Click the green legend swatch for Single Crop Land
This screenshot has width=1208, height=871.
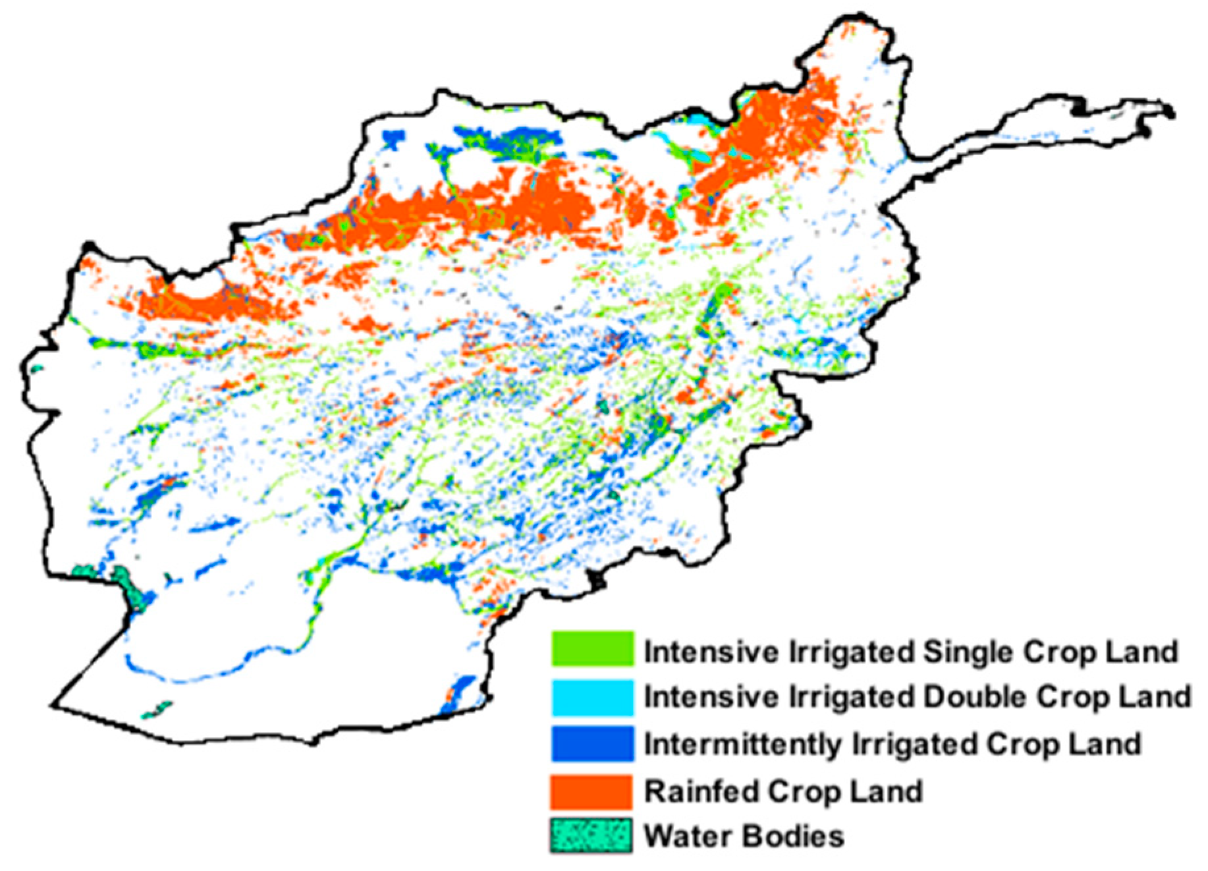592,649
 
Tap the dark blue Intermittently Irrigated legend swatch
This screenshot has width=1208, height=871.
592,744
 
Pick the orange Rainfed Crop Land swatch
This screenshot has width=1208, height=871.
592,791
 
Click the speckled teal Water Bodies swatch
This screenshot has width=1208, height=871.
591,836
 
